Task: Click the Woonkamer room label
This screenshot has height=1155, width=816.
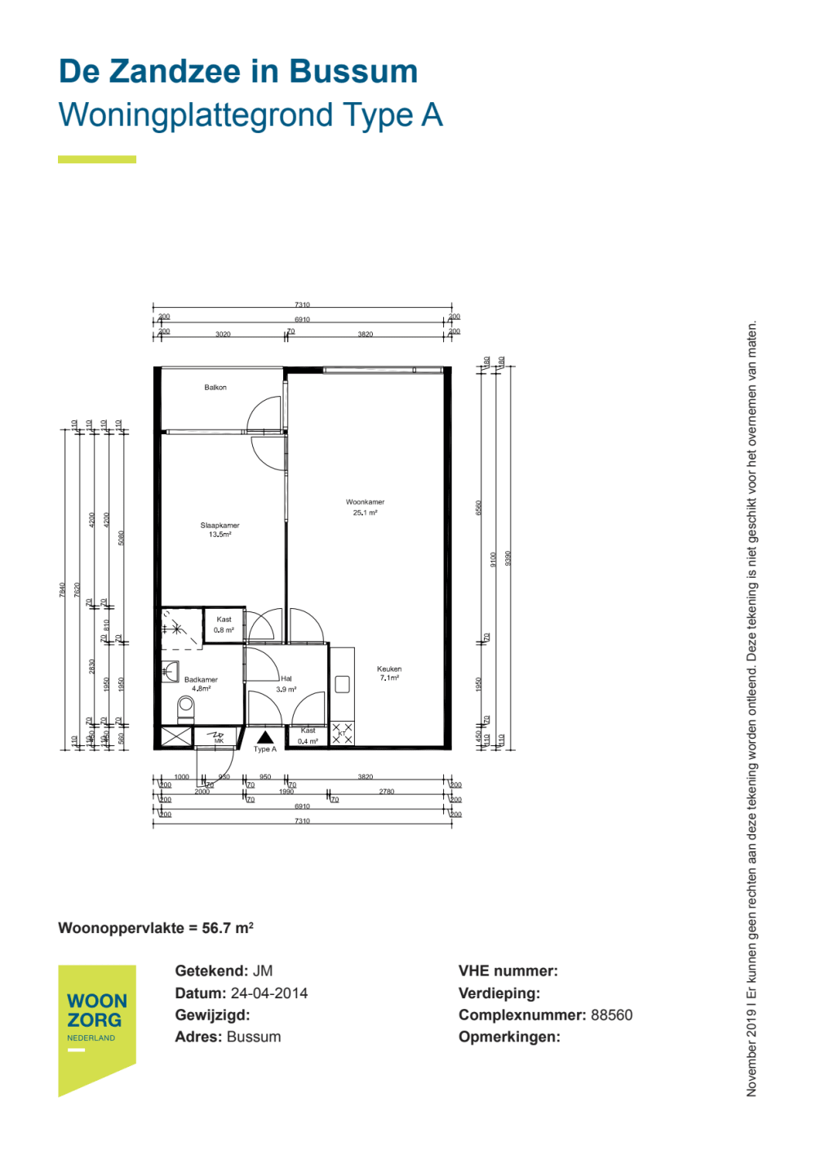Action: coord(365,503)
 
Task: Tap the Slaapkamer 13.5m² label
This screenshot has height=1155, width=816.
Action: coord(220,530)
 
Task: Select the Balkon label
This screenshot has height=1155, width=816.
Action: coord(215,388)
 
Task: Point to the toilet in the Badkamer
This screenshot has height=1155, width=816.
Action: coord(186,707)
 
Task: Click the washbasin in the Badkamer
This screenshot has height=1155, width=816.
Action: coord(170,672)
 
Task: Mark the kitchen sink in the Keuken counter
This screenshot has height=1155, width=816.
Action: coord(342,684)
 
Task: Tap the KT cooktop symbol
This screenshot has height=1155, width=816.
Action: coord(342,733)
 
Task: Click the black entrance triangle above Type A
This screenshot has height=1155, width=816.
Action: coord(265,737)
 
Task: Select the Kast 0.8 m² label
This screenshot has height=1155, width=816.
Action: coord(224,624)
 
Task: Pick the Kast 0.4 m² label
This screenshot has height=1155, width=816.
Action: coord(308,736)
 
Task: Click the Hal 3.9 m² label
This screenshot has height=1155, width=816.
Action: coord(286,684)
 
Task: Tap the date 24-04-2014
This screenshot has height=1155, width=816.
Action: coord(269,993)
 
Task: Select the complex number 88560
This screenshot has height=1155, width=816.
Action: coord(611,1015)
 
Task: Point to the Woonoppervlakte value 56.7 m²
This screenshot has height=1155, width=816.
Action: coord(228,928)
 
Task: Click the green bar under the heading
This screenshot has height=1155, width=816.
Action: coord(97,159)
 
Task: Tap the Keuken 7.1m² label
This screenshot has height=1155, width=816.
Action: coord(389,673)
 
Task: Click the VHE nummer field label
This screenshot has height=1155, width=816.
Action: coord(508,971)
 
